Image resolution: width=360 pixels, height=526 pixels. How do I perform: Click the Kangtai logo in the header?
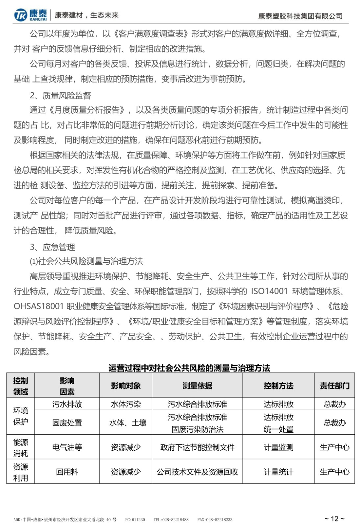[30, 15]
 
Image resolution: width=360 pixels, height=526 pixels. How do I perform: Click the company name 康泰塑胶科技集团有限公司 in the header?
[300, 16]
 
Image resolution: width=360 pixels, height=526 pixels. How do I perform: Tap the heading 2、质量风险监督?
[60, 95]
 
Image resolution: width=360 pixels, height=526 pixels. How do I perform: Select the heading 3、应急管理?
[53, 247]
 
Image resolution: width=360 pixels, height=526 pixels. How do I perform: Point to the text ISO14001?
[269, 291]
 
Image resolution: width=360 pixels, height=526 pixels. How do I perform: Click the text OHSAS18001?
[38, 306]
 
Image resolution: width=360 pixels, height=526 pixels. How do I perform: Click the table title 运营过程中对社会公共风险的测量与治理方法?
[189, 368]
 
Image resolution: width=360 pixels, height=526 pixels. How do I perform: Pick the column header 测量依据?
[197, 386]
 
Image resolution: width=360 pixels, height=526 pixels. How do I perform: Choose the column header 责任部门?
[334, 386]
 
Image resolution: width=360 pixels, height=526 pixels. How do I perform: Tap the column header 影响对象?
[126, 386]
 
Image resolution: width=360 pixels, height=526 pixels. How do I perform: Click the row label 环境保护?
[20, 416]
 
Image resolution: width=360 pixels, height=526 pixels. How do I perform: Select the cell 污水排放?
[67, 404]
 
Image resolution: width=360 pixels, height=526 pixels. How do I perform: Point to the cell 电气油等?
[67, 447]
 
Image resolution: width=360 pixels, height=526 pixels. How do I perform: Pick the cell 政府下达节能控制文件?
[197, 447]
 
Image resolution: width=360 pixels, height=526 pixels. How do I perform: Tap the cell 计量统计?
[278, 472]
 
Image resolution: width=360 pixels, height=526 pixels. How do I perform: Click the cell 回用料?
[67, 472]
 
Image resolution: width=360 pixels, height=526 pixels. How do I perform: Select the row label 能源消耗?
[20, 447]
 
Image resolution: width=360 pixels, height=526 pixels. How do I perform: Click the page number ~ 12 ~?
[334, 518]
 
